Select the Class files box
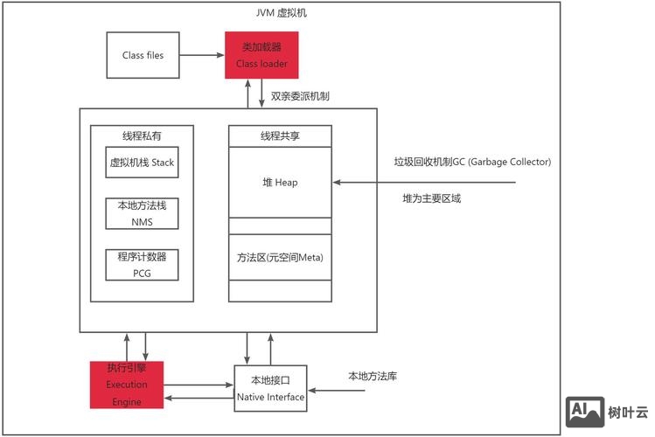pyautogui.click(x=143, y=55)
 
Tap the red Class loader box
pyautogui.click(x=261, y=55)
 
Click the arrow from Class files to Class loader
pyautogui.click(x=202, y=55)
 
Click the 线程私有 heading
pyautogui.click(x=142, y=136)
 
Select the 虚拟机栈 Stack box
pyautogui.click(x=142, y=163)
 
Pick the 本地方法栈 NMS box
pyautogui.click(x=142, y=213)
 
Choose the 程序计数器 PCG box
pyautogui.click(x=142, y=265)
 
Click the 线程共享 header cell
pyautogui.click(x=280, y=136)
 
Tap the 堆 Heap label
pyautogui.click(x=280, y=183)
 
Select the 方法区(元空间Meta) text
pyautogui.click(x=280, y=258)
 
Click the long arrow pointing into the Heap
pyautogui.click(x=429, y=183)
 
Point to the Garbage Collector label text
pyautogui.click(x=472, y=162)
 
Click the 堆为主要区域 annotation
pyautogui.click(x=431, y=198)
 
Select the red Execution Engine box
pyautogui.click(x=127, y=385)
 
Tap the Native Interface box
pyautogui.click(x=271, y=389)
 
